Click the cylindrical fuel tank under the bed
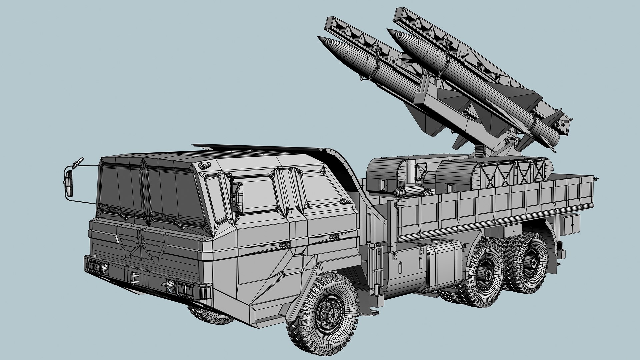[443, 267]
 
